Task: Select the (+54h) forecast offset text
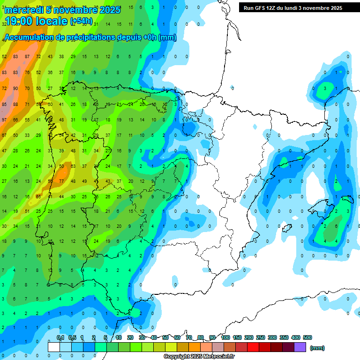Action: [81, 22]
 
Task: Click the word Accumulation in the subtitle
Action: [30, 37]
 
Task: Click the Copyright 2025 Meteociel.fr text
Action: [199, 357]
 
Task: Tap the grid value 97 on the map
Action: [4, 120]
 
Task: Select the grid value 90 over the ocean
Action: [16, 88]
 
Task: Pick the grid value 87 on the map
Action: [27, 56]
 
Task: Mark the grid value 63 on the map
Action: [73, 166]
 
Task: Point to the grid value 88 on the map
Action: [16, 104]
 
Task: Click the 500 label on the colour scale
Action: [307, 337]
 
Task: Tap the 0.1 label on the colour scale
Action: [60, 337]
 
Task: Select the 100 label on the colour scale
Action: [225, 337]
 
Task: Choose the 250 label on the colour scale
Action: [260, 337]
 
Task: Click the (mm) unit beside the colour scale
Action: [317, 348]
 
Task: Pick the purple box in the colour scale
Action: [300, 347]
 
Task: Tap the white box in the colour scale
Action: [54, 347]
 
